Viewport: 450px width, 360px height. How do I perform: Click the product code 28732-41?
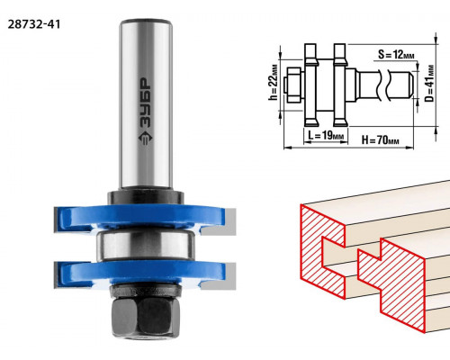(34, 24)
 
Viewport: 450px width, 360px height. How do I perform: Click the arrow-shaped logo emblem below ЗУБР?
(146, 138)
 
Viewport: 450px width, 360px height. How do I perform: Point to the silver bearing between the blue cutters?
(146, 245)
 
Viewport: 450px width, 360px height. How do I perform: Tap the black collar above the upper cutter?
(146, 197)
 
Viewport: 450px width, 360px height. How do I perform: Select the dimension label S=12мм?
(396, 55)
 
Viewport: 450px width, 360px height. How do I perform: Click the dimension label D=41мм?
(429, 84)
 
